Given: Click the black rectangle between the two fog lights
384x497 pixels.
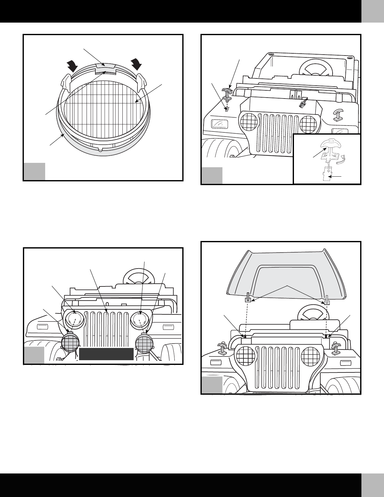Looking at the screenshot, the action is pyautogui.click(x=106, y=354).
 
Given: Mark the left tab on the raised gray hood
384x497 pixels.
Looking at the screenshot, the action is pyautogui.click(x=248, y=297).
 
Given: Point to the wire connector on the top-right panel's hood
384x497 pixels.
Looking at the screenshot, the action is pyautogui.click(x=303, y=103).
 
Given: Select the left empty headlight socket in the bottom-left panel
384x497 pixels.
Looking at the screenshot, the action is pyautogui.click(x=75, y=320).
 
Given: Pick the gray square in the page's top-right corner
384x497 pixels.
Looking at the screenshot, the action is pyautogui.click(x=372, y=11).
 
